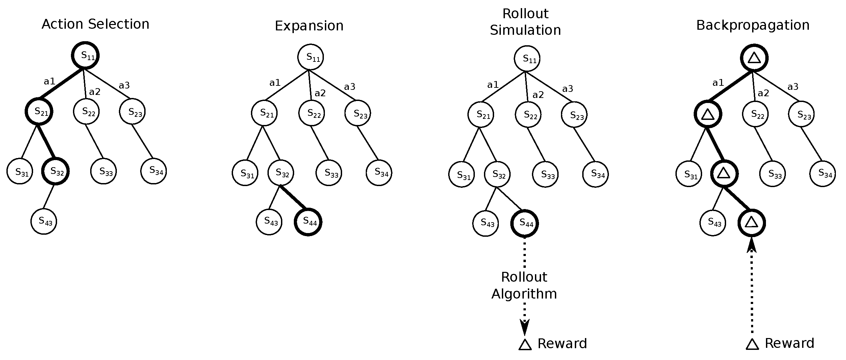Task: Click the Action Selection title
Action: coord(95,24)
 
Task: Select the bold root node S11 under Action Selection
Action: coord(85,55)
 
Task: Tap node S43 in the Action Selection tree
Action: coord(44,221)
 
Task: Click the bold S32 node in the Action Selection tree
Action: coord(55,171)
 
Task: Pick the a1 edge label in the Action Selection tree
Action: coord(49,81)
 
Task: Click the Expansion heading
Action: coord(309,26)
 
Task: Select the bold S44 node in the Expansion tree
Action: coord(308,222)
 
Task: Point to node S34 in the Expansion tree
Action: coord(379,173)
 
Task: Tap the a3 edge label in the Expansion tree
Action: coord(350,87)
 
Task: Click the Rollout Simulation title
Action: coord(525,22)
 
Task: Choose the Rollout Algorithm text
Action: coord(524,285)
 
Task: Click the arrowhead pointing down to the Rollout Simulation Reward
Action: coord(524,327)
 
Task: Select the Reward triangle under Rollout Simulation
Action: coord(525,345)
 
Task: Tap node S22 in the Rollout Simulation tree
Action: coord(528,115)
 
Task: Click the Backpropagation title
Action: coord(753,25)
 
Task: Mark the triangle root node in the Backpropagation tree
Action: coord(754,58)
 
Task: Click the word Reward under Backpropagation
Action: coord(789,343)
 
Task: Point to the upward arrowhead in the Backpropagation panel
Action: coord(751,245)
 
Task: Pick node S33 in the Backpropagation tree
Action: coord(772,174)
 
